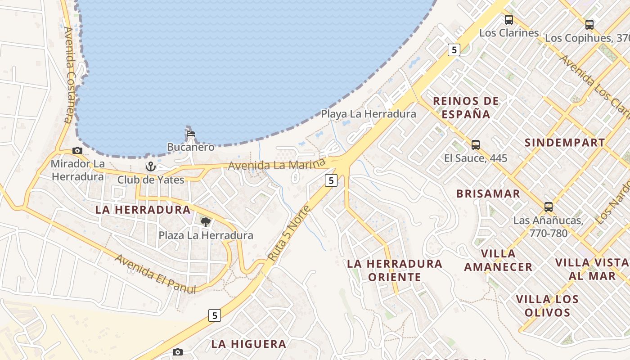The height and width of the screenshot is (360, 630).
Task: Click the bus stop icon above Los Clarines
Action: coord(509,20)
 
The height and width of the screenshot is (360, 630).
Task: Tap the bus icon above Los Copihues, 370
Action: coord(589,25)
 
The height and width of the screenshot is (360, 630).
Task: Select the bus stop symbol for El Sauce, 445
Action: coord(476,145)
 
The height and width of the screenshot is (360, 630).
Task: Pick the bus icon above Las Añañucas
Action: coord(549,207)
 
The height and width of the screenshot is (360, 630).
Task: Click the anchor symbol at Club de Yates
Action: coord(150,167)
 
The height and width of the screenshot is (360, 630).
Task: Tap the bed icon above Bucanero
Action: coord(191,134)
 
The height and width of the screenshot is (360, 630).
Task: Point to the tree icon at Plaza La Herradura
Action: coord(205,222)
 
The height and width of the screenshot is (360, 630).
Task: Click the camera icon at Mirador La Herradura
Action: coord(77,151)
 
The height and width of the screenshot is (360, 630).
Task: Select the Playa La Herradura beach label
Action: coord(368,114)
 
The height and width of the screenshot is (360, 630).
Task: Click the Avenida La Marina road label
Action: coord(276,165)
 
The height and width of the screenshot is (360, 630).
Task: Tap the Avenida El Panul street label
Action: coord(156,274)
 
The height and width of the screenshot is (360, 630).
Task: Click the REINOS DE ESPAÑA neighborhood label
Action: coord(466,108)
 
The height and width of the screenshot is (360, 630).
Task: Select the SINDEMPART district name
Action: coord(565,143)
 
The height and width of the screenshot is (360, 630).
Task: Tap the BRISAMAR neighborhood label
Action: coord(488,194)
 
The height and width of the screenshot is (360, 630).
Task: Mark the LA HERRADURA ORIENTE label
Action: coord(395,270)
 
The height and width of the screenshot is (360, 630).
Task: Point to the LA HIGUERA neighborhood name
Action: coord(249,344)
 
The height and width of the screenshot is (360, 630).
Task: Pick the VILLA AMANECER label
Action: coord(498,260)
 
